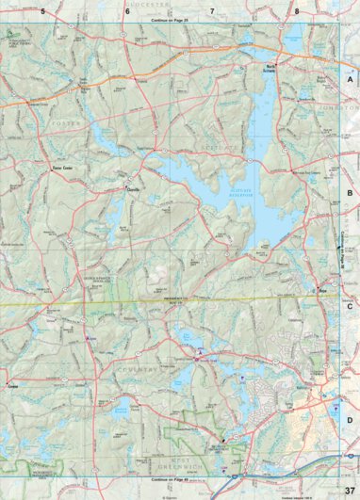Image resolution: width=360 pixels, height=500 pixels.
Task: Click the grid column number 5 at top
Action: (x=42, y=10)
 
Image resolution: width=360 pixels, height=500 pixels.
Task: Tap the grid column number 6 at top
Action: (x=127, y=10)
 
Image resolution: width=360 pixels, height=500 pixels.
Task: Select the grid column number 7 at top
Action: (x=212, y=10)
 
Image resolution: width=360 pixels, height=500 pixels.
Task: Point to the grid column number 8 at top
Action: (x=297, y=10)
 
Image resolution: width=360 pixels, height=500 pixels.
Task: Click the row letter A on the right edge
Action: (x=350, y=81)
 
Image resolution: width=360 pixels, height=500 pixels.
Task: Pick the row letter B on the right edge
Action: (x=350, y=193)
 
